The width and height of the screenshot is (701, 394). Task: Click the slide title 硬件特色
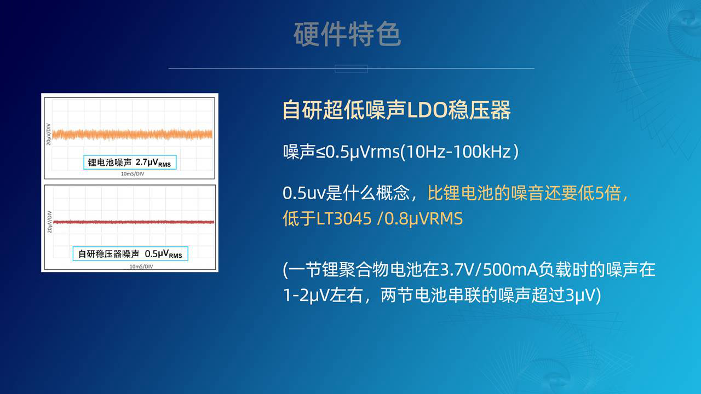pos(347,34)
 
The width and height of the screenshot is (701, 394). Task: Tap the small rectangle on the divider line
pos(351,68)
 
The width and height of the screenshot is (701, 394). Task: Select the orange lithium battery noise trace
pos(133,135)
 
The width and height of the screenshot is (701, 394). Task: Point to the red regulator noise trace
pos(134,222)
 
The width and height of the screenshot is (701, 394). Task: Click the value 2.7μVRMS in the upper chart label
pos(153,163)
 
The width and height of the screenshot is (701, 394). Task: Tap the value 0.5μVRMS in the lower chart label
pos(163,254)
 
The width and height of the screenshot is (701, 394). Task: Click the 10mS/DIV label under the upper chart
pos(133,174)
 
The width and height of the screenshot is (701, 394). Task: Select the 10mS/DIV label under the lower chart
pos(141,266)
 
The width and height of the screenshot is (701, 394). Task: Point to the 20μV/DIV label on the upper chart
pos(49,134)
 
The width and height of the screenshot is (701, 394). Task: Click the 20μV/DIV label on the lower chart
pos(49,222)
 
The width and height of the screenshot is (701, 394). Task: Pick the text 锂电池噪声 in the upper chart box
pos(110,163)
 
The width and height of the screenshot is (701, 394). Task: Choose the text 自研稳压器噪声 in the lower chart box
pos(108,254)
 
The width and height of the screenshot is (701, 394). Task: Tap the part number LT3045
pos(343,218)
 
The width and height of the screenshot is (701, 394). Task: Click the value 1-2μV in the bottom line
pos(306,295)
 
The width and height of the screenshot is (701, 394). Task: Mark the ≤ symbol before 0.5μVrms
pos(320,152)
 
